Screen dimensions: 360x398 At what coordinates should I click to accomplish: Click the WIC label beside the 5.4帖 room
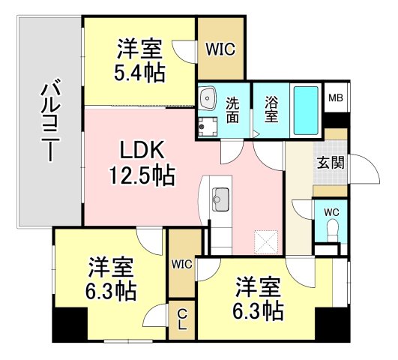click(x=220, y=49)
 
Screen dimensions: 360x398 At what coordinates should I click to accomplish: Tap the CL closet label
click(x=182, y=320)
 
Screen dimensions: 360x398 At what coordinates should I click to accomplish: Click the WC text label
click(x=331, y=212)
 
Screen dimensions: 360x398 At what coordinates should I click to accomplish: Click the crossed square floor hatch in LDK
click(x=266, y=241)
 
